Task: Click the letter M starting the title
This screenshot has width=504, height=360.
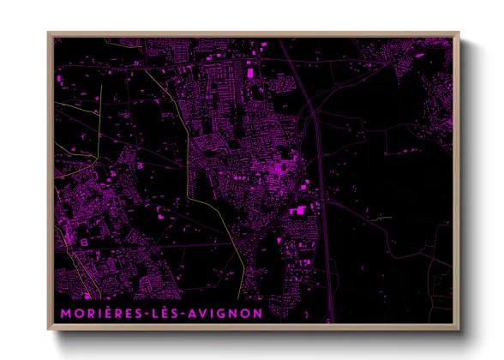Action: coord(65,314)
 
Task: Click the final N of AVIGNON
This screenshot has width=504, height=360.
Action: coord(258,314)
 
